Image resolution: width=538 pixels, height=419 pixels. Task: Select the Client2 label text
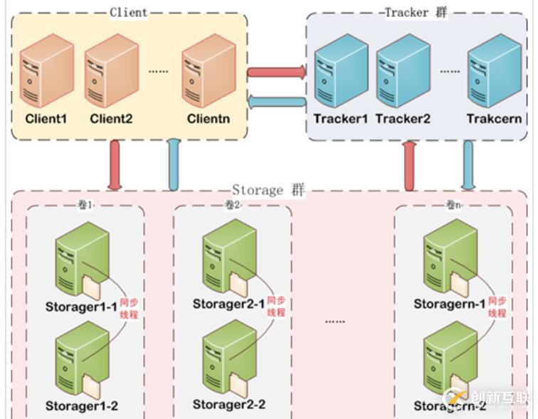click(x=111, y=119)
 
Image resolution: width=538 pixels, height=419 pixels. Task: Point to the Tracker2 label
click(x=403, y=119)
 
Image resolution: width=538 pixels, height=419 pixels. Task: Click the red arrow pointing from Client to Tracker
click(x=277, y=72)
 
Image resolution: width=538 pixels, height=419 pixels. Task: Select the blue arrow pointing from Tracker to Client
click(x=277, y=103)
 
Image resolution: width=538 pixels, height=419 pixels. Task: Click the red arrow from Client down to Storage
click(x=115, y=165)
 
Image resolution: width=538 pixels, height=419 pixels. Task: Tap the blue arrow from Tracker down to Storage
click(x=468, y=165)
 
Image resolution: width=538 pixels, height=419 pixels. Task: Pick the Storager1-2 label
click(x=82, y=405)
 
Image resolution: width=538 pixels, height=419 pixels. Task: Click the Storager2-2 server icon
click(x=228, y=356)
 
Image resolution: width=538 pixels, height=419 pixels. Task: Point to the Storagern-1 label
click(x=450, y=304)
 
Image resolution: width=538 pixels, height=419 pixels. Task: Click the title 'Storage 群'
click(x=268, y=191)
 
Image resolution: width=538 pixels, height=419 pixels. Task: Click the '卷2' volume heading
click(x=233, y=205)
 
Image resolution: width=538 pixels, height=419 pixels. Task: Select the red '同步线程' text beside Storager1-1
click(x=130, y=307)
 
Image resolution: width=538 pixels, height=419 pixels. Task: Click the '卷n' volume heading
click(x=453, y=205)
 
